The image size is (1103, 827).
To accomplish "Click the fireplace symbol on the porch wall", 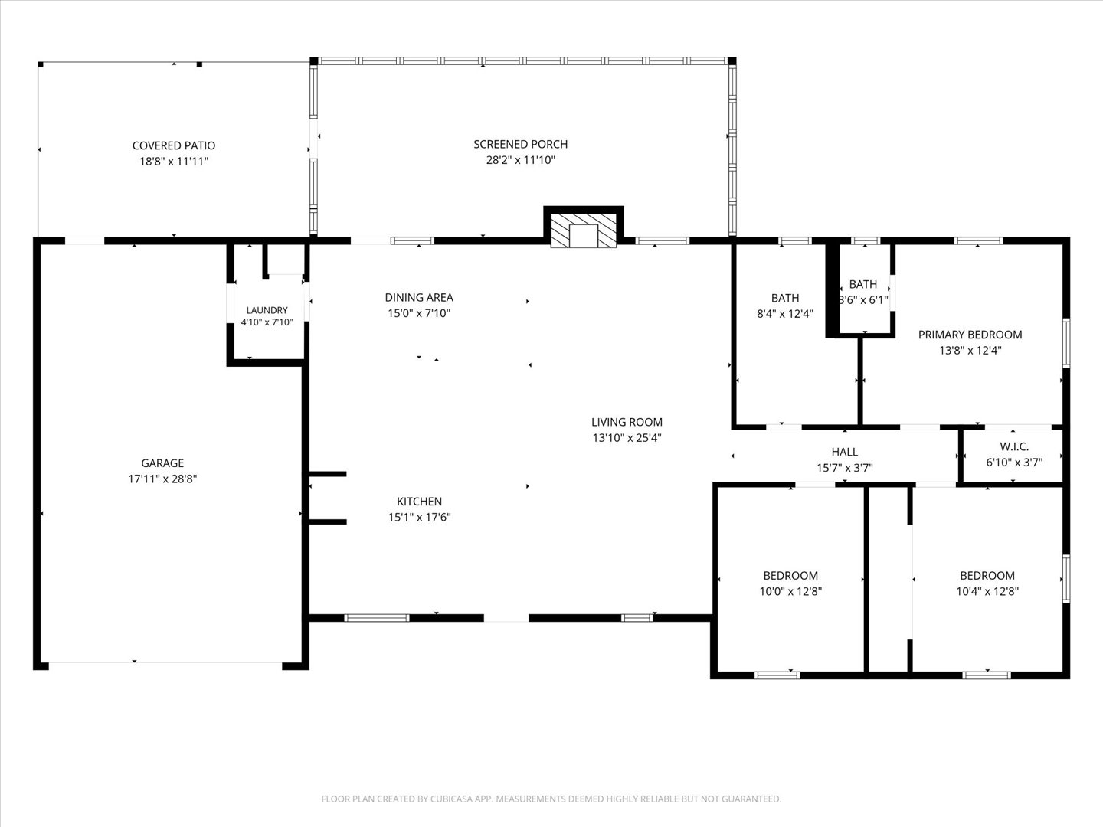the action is (x=584, y=230).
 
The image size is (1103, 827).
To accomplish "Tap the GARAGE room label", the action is (x=162, y=463).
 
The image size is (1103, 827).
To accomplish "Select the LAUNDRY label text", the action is (x=267, y=310).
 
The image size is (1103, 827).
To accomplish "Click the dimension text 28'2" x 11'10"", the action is (x=521, y=160).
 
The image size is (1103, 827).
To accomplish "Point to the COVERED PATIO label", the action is (x=174, y=145).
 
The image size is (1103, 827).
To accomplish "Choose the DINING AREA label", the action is (x=419, y=297).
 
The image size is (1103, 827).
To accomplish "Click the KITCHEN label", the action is (x=419, y=501).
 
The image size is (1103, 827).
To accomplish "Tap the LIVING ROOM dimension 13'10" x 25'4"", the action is (x=627, y=438).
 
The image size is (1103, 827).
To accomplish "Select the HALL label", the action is (x=845, y=452).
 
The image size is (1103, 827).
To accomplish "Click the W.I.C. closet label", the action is (x=1014, y=446).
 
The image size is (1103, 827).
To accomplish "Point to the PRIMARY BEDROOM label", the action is (x=970, y=335).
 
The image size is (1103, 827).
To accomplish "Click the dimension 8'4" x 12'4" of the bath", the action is (x=785, y=314).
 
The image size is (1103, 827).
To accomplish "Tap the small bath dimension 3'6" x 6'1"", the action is (x=863, y=300).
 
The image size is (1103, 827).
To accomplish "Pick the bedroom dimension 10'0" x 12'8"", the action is (x=790, y=591).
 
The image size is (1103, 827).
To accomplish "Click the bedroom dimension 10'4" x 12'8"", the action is (x=987, y=591).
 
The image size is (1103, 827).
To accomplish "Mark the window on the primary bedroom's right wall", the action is (x=1065, y=343).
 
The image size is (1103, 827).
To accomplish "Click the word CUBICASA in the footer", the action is (x=450, y=799).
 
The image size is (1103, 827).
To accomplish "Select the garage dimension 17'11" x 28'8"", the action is (x=162, y=479).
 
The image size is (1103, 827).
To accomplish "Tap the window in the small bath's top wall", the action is (x=866, y=240).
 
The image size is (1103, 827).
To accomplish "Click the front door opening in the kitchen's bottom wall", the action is (x=506, y=618).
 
